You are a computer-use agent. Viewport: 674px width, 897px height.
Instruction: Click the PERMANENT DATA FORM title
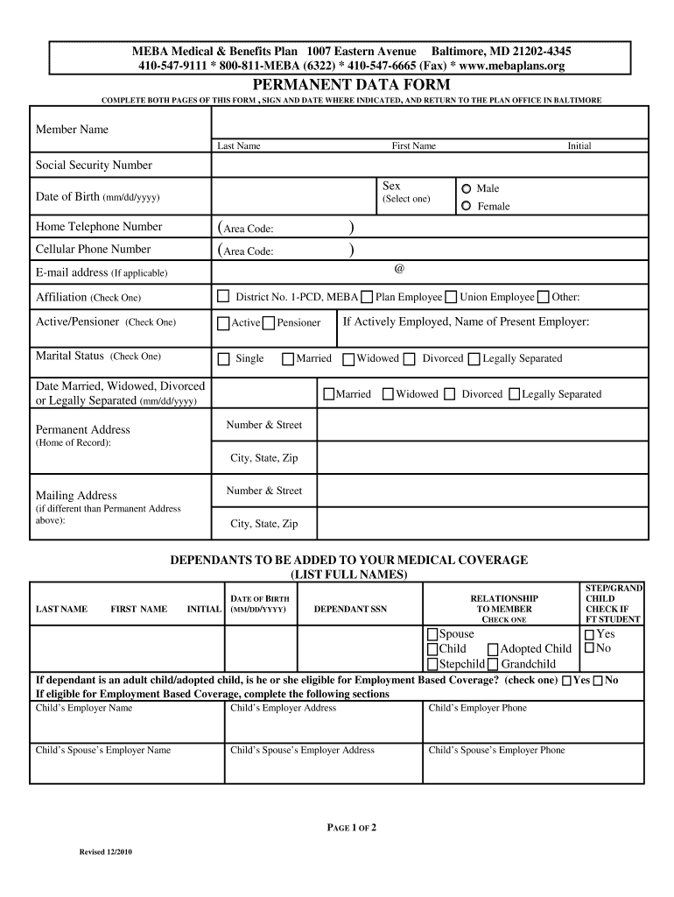click(x=352, y=85)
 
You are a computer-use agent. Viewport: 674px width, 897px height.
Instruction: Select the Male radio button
click(x=467, y=188)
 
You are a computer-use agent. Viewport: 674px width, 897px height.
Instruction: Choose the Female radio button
click(x=467, y=206)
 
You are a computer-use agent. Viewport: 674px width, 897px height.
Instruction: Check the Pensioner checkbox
click(x=269, y=323)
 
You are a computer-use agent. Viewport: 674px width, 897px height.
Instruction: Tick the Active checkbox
click(x=224, y=323)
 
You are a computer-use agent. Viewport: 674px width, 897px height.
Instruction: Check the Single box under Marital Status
click(x=223, y=358)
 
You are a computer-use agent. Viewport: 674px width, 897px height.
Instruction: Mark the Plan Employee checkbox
click(x=367, y=297)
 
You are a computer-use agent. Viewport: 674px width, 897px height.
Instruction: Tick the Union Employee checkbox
click(x=451, y=297)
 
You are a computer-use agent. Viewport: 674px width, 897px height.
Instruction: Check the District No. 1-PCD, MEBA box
click(x=223, y=296)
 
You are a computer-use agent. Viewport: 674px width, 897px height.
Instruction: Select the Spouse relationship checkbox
click(x=432, y=634)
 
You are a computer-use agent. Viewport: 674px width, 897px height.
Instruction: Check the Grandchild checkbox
click(x=493, y=664)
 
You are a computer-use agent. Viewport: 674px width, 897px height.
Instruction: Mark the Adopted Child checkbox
click(x=493, y=649)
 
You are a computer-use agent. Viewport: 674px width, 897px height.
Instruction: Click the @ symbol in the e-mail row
click(x=399, y=269)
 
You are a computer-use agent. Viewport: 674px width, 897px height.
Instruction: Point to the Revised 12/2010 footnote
click(x=106, y=852)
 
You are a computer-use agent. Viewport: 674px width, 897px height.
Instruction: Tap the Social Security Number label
click(x=94, y=166)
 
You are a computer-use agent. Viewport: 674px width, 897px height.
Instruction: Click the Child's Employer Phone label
click(x=478, y=708)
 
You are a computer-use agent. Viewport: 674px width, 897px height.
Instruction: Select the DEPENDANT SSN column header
click(x=350, y=609)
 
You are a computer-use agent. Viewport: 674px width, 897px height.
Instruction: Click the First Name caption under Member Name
click(x=413, y=146)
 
